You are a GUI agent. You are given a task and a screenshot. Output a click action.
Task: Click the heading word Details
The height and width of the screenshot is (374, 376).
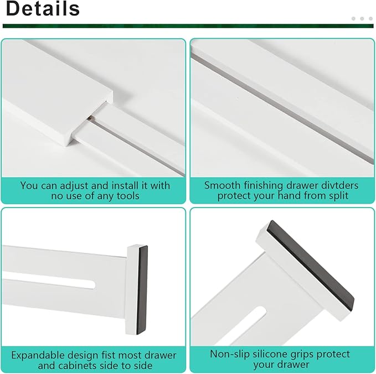pyautogui.click(x=42, y=9)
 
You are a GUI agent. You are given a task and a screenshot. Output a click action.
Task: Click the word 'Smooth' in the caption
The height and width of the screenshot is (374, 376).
pyautogui.click(x=222, y=185)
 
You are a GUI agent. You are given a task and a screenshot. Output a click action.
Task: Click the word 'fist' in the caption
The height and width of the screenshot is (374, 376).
pyautogui.click(x=109, y=355)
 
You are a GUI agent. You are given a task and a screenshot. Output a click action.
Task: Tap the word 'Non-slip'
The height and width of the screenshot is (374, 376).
pyautogui.click(x=229, y=354)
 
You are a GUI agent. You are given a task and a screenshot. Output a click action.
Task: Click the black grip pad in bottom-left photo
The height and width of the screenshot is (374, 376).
pyautogui.click(x=144, y=288)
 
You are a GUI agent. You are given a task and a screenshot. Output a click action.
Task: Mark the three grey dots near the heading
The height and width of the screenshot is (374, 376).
pyautogui.click(x=362, y=19)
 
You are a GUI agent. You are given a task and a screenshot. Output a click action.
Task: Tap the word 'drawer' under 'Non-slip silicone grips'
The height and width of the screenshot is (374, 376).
pyautogui.click(x=293, y=365)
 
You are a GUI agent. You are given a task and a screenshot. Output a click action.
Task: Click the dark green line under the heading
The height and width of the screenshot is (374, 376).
pyautogui.click(x=188, y=25)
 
